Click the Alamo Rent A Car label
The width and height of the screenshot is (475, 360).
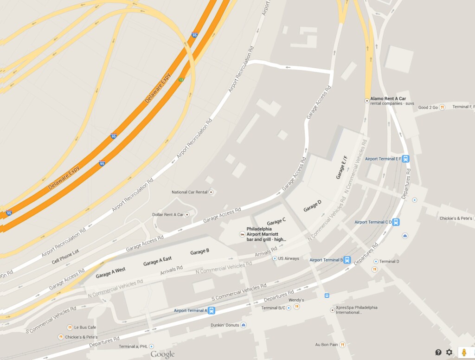(388, 98)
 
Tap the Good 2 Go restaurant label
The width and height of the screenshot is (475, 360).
(428, 107)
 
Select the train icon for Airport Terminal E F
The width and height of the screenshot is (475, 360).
(406, 159)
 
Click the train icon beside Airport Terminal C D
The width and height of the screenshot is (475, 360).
(396, 222)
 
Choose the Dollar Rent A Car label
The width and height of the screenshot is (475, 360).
(168, 215)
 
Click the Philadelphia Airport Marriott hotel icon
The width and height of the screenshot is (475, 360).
(242, 235)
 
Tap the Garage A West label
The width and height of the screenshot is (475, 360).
(110, 272)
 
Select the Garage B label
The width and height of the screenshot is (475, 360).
(199, 252)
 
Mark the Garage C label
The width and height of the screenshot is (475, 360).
(276, 222)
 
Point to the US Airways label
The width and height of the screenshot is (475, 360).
(289, 258)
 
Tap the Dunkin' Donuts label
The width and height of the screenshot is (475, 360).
(225, 325)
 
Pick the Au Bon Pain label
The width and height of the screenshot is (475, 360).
(327, 345)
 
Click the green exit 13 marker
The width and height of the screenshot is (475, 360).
(181, 80)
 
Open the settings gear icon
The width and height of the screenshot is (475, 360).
(449, 352)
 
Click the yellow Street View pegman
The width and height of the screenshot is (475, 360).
(463, 352)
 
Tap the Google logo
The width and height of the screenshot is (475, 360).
(162, 355)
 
